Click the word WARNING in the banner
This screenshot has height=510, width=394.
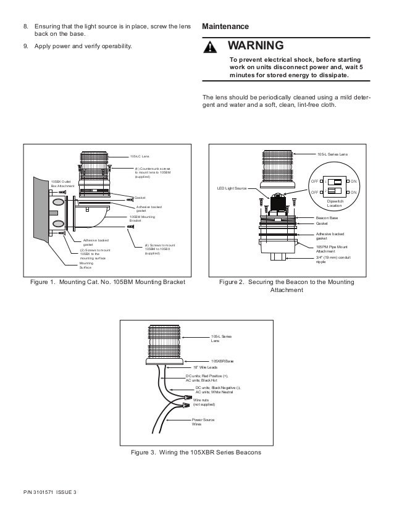tap(256, 46)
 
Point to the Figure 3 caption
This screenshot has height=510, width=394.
tap(196, 452)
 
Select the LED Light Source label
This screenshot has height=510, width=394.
tap(232, 188)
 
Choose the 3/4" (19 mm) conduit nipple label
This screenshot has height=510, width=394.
tap(333, 260)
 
